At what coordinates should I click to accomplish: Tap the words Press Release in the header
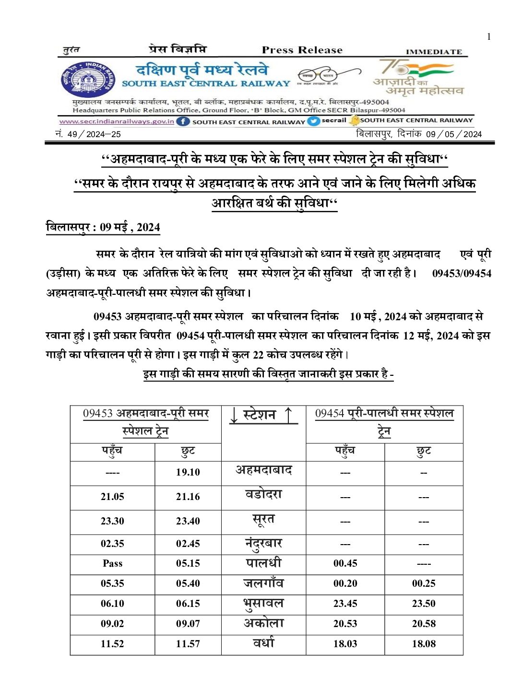click(x=302, y=50)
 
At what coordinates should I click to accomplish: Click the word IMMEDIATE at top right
click(x=434, y=51)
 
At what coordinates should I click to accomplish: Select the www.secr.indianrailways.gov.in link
click(x=117, y=121)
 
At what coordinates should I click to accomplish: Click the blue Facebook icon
click(x=183, y=121)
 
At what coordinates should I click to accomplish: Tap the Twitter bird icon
click(x=314, y=121)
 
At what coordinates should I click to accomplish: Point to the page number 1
click(x=489, y=36)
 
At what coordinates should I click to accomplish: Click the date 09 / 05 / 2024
click(x=453, y=134)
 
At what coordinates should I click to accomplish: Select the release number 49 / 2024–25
click(x=94, y=134)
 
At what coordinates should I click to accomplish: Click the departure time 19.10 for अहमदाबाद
click(x=188, y=472)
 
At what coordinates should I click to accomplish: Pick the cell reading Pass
click(x=112, y=563)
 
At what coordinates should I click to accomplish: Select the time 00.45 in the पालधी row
click(x=345, y=563)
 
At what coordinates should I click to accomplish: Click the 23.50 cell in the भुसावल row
click(x=424, y=604)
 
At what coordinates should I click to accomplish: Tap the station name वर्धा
click(x=263, y=643)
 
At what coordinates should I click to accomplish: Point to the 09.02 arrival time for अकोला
click(x=112, y=624)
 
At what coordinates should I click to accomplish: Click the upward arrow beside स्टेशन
click(x=288, y=415)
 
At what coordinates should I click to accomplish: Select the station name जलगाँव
click(x=263, y=583)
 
